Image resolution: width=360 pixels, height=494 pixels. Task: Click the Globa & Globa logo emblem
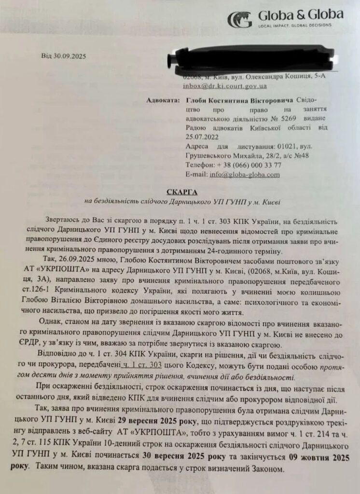pos(239,19)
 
